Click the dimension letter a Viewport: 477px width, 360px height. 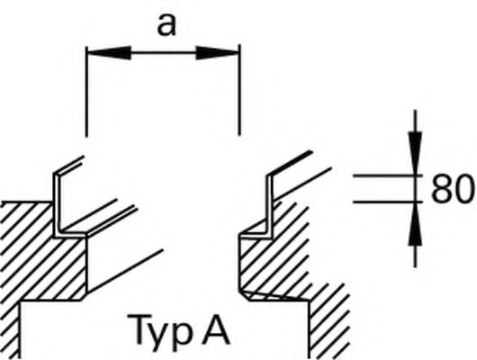pos(166,26)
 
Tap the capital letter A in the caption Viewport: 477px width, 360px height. pos(216,329)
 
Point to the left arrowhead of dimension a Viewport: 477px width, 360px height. pos(109,53)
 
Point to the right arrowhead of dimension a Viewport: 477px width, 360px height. pos(217,53)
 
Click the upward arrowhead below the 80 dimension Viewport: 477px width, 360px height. pos(415,223)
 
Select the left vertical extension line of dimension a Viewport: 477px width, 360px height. pos(87,92)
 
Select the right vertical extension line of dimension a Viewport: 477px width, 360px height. pos(239,90)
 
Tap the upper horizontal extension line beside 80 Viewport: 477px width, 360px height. pos(388,175)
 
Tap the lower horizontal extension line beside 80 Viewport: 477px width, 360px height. pos(388,202)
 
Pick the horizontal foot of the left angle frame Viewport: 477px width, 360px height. pos(71,235)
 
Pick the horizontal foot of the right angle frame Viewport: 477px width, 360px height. pos(255,236)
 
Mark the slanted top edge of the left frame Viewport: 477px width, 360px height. pos(69,166)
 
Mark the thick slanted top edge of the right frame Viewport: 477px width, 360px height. pos(291,163)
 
